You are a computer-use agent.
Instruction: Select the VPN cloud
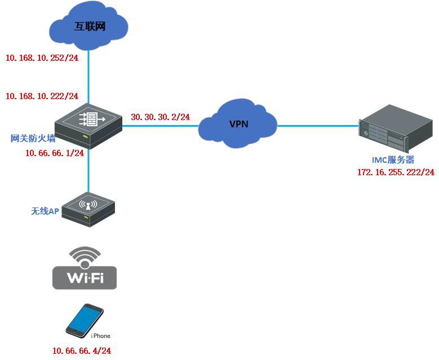[238, 124]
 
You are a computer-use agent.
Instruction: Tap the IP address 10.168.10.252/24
[42, 57]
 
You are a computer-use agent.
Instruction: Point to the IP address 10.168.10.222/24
[42, 96]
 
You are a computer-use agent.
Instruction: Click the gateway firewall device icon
[88, 125]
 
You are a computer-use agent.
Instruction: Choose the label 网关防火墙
[33, 139]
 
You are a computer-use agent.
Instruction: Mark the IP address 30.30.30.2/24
[160, 117]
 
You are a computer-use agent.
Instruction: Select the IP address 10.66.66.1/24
[55, 152]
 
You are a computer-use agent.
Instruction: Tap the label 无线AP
[45, 212]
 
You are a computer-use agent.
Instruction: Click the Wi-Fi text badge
[84, 278]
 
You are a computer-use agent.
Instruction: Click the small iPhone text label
[101, 336]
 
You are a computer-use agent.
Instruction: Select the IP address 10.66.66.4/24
[82, 351]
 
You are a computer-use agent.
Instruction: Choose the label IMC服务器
[393, 160]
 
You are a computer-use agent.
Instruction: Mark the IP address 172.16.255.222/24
[396, 172]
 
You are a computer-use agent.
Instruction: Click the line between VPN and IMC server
[318, 126]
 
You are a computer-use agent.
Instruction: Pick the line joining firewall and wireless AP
[88, 172]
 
